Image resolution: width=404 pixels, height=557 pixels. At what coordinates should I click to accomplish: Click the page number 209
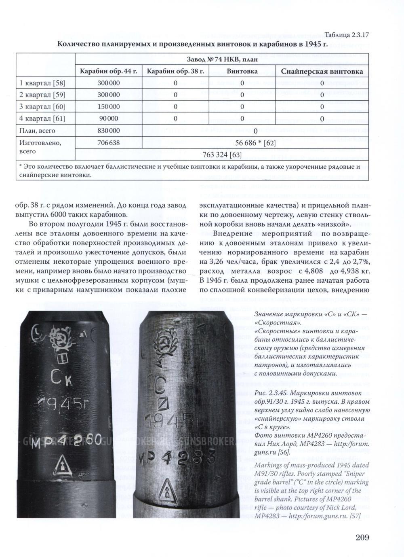[x=362, y=538]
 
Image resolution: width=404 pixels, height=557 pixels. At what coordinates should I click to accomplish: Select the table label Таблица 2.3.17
[x=347, y=35]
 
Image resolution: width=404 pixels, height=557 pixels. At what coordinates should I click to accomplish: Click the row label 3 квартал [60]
[x=42, y=107]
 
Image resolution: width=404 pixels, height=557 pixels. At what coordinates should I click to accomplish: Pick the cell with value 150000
[x=109, y=107]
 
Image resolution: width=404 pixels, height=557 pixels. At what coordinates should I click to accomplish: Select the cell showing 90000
[x=109, y=119]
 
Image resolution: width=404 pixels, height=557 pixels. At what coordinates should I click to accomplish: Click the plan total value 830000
[x=109, y=131]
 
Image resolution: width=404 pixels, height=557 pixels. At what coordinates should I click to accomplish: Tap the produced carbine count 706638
[x=109, y=143]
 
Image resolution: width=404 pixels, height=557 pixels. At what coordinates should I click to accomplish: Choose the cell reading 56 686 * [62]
[x=255, y=143]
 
